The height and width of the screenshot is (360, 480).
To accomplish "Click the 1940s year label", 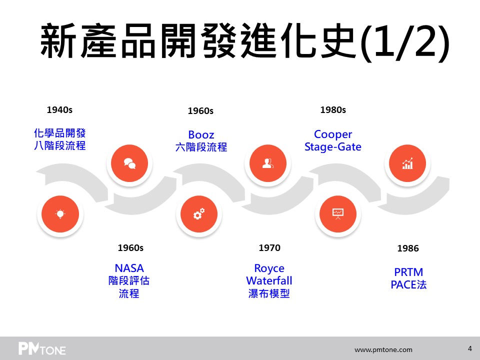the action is [59, 109].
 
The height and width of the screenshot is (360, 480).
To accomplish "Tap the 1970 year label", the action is [269, 247].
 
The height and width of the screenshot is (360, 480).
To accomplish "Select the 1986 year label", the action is [408, 248].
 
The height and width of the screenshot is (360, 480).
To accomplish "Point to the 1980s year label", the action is [333, 109].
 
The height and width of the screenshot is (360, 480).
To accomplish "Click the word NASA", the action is [129, 268].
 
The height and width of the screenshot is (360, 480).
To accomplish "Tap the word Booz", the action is [201, 134].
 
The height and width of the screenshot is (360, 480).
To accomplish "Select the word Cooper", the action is [333, 134].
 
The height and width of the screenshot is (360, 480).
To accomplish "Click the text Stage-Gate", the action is [333, 147].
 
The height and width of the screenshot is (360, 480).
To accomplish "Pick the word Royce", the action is [269, 268].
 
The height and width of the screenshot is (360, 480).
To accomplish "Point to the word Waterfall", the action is [269, 280].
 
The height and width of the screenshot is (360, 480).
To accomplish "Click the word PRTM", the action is [408, 272].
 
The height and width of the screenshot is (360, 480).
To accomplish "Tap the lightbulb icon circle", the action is [60, 214].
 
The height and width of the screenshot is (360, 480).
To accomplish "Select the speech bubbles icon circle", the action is [129, 163].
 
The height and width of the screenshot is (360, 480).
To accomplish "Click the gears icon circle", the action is [199, 214].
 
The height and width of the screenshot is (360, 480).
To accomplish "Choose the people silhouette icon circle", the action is [268, 163].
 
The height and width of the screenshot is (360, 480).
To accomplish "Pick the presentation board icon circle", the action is [338, 214].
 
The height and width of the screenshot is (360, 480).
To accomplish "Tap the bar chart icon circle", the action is [407, 163].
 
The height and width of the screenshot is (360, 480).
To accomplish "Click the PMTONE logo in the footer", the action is [42, 348].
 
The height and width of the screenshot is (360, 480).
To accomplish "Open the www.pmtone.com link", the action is [383, 349].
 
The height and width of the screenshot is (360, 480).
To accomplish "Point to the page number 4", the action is [469, 348].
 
